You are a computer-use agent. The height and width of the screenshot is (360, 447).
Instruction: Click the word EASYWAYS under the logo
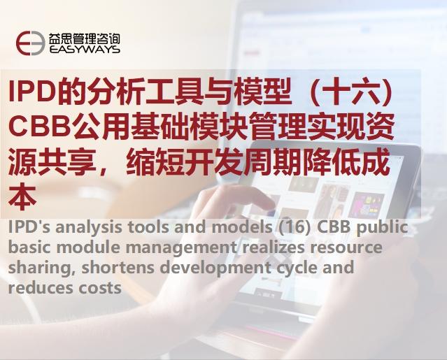(85, 50)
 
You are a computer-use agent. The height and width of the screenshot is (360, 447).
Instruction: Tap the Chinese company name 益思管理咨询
(85, 37)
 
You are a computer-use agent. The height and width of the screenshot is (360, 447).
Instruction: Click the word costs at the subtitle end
(101, 287)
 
